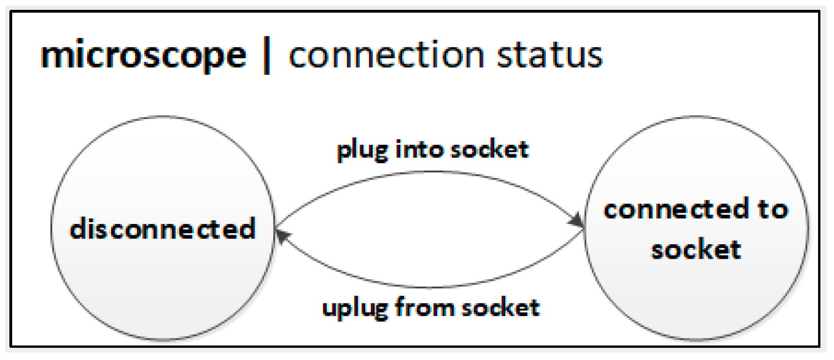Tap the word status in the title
point(549,55)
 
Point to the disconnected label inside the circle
point(162,229)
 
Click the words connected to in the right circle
point(696,209)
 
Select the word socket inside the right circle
point(696,249)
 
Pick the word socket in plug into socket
point(489,150)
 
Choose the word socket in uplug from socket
point(500,307)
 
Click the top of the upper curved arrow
point(431,172)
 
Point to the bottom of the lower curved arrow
point(431,287)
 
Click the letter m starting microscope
point(56,57)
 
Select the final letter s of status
point(594,56)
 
